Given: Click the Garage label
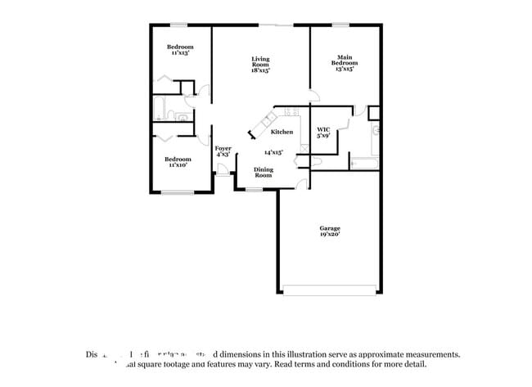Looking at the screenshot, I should tap(330, 227).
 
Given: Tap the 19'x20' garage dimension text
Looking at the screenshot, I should tap(330, 235).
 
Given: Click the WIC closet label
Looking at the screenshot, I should tap(322, 129).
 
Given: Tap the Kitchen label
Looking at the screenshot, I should tap(282, 132).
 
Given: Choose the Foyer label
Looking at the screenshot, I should tap(223, 148).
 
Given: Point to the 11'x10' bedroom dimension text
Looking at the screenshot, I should tap(178, 165).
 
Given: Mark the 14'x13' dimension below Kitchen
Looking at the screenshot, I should tap(273, 152).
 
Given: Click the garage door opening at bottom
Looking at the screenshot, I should tap(328, 288).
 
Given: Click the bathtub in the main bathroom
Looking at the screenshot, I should tap(363, 164).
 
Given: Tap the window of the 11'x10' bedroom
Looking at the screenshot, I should tap(177, 192).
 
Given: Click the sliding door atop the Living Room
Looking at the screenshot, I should tap(284, 25).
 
